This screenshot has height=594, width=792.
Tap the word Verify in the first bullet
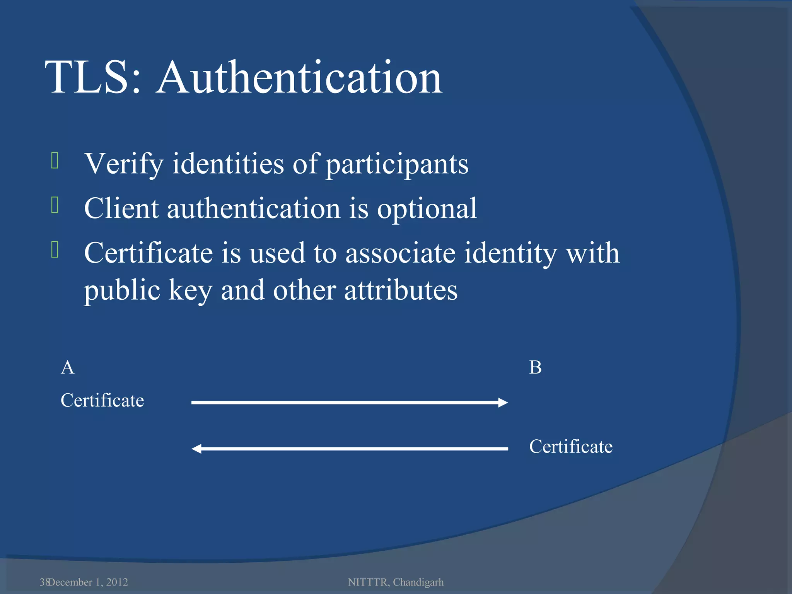[124, 164]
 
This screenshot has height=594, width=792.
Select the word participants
[397, 165]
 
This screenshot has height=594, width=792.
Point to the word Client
[121, 208]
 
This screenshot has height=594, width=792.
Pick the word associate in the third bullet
[400, 253]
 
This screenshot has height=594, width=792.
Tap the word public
[122, 291]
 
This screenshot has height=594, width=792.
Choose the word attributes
[401, 290]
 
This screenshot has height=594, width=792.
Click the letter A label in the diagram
[68, 367]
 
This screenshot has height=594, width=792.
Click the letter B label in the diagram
[535, 367]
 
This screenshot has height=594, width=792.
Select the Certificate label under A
[102, 400]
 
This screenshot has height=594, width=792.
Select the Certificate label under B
[571, 447]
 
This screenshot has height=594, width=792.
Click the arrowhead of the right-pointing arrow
[503, 403]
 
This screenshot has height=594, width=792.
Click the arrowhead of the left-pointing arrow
[197, 449]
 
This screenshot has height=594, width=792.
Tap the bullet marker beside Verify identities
[55, 161]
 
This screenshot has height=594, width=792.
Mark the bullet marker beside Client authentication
[55, 205]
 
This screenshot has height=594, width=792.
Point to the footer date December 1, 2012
[88, 582]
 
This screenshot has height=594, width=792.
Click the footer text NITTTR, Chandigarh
[396, 582]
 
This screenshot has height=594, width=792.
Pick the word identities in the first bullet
[228, 164]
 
